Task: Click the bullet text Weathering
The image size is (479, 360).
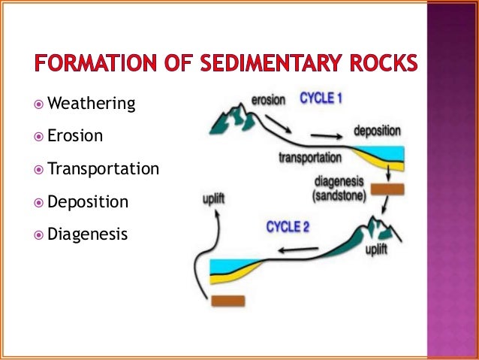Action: (91, 103)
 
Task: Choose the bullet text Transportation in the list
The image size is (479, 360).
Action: (103, 169)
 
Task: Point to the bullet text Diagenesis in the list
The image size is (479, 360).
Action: (87, 235)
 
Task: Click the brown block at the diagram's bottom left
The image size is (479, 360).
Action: (227, 301)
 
